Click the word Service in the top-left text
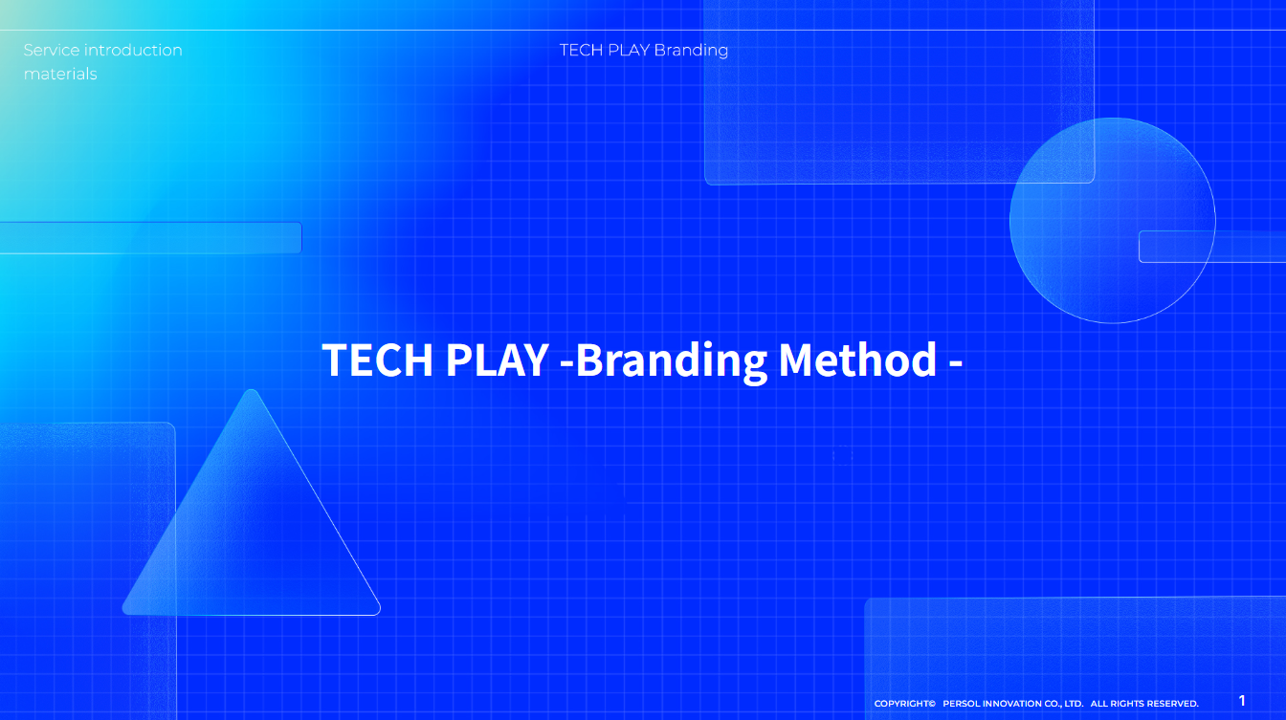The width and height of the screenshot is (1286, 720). point(52,51)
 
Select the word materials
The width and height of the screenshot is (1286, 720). point(60,74)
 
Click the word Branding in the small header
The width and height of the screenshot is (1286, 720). point(691,51)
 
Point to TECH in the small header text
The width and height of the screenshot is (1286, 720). point(581,51)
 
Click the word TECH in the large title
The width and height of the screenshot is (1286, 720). point(377,360)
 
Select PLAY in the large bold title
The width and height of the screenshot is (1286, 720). point(498,360)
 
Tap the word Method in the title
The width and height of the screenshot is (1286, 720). point(857,360)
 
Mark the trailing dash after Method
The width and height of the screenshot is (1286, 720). point(956,363)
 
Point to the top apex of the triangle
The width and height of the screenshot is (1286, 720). point(251,390)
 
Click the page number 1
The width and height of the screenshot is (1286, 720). point(1242,701)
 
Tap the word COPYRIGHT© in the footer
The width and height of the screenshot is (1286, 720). point(905,704)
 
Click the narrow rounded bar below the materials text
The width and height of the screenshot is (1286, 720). point(150,238)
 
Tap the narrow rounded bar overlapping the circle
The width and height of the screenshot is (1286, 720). point(1212,247)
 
